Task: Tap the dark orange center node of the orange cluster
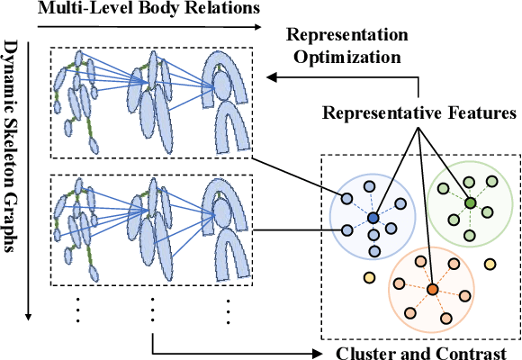[433, 289]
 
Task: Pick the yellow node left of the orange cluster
[367, 277]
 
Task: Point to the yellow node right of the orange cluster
[490, 265]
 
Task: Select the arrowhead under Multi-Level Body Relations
[259, 28]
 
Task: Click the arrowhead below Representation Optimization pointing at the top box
[273, 78]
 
